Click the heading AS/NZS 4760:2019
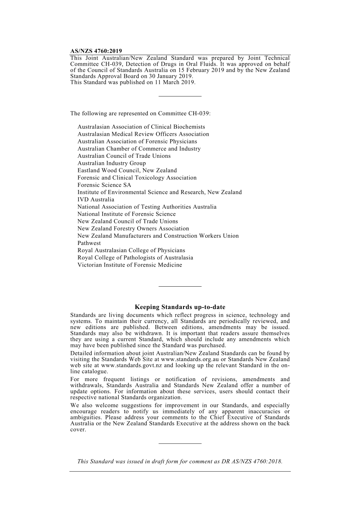click(96, 51)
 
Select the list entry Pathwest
click(89, 243)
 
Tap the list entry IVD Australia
click(95, 199)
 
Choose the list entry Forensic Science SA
click(104, 185)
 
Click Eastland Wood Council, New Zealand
click(127, 171)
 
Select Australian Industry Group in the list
click(111, 163)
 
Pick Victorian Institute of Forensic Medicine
click(130, 265)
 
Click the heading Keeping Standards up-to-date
click(180, 307)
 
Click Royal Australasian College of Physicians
click(131, 251)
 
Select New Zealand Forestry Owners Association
click(133, 229)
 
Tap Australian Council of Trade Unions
click(124, 156)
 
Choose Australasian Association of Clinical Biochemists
click(141, 127)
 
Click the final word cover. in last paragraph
click(78, 430)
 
